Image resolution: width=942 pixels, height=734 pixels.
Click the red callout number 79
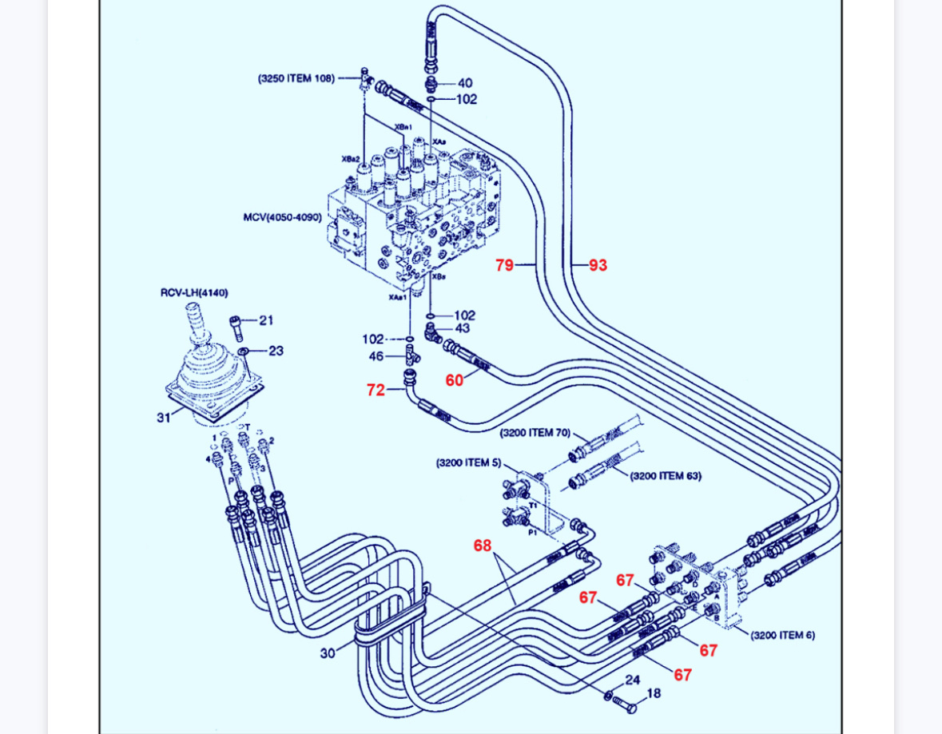pos(504,265)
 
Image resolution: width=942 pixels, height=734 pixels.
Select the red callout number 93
pos(598,265)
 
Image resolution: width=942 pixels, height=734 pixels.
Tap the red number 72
pos(376,390)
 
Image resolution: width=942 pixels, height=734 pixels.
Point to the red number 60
pos(454,380)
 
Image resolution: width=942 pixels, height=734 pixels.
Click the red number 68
pos(482,546)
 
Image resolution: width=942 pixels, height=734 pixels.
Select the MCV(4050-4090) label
pos(282,217)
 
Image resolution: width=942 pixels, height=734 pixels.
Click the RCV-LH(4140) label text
pos(194,293)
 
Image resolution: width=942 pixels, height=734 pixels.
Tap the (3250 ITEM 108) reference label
pos(296,78)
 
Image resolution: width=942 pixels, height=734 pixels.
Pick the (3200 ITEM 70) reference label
pos(535,433)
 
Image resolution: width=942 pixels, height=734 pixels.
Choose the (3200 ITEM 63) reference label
pos(666,476)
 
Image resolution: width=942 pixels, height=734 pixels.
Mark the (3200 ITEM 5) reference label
pos(468,462)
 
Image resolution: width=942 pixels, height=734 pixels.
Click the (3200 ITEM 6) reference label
pos(782,635)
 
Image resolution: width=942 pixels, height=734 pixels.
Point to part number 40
pos(465,82)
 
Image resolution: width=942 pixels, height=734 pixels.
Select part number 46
pos(376,356)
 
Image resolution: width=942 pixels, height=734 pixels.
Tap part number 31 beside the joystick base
pos(164,417)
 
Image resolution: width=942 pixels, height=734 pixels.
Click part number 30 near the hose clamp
pos(328,653)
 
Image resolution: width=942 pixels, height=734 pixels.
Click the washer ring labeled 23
pos(242,351)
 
